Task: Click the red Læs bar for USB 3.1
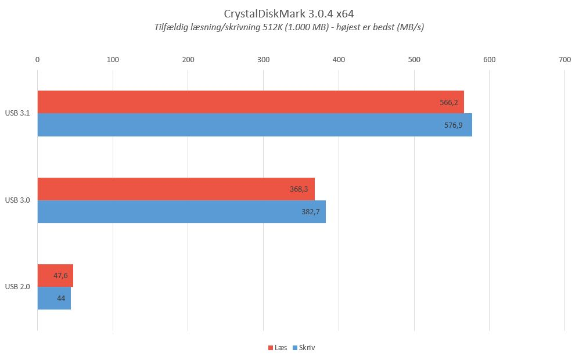tap(251, 102)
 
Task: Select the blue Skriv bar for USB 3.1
tap(255, 125)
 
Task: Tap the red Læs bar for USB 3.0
tap(176, 189)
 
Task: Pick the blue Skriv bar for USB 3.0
tap(182, 211)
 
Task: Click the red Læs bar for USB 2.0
tap(55, 275)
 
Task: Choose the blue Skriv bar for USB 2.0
tap(54, 298)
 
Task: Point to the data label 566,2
tap(449, 103)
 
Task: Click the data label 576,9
tap(453, 125)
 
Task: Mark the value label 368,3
tap(299, 189)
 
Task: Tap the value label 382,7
tap(311, 212)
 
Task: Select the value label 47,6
tap(60, 275)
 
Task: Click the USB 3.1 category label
tap(17, 113)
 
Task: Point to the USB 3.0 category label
tap(17, 200)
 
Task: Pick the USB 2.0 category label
tap(17, 287)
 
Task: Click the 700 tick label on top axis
tap(564, 60)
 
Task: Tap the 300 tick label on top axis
tap(263, 60)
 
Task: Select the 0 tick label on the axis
tap(37, 60)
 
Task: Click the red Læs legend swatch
tap(271, 348)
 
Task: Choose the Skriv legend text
tap(307, 348)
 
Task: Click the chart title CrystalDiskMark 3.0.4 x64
tap(289, 14)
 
